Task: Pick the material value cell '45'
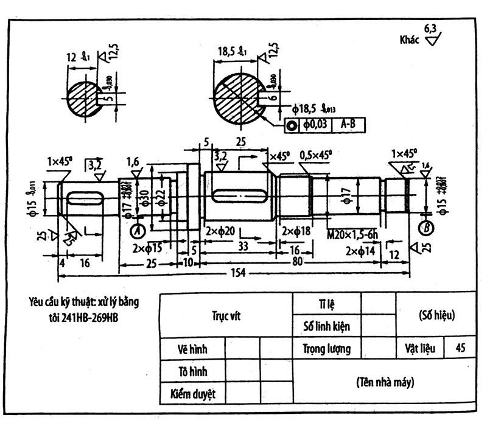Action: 460,349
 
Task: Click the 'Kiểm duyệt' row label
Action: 192,393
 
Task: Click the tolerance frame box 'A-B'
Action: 348,125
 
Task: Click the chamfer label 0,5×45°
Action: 316,155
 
